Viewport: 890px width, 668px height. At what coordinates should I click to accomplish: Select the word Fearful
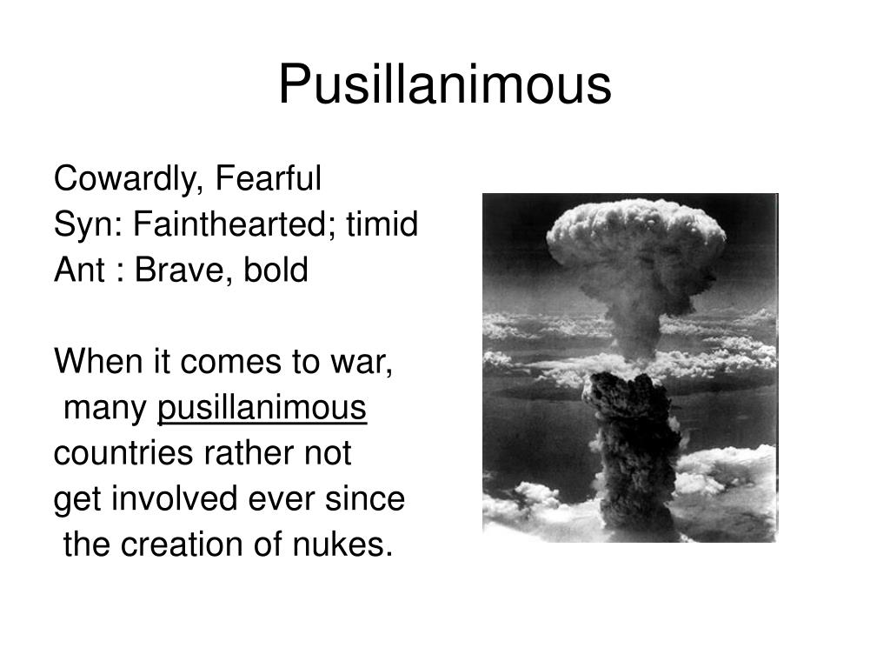point(269,179)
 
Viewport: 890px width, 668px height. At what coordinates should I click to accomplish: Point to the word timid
point(382,225)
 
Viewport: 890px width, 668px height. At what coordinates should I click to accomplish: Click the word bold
point(276,271)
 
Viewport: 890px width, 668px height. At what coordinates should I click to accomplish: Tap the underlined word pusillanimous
point(262,408)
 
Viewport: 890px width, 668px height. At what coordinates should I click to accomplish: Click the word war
point(369,362)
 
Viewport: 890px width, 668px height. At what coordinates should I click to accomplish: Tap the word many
point(106,408)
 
